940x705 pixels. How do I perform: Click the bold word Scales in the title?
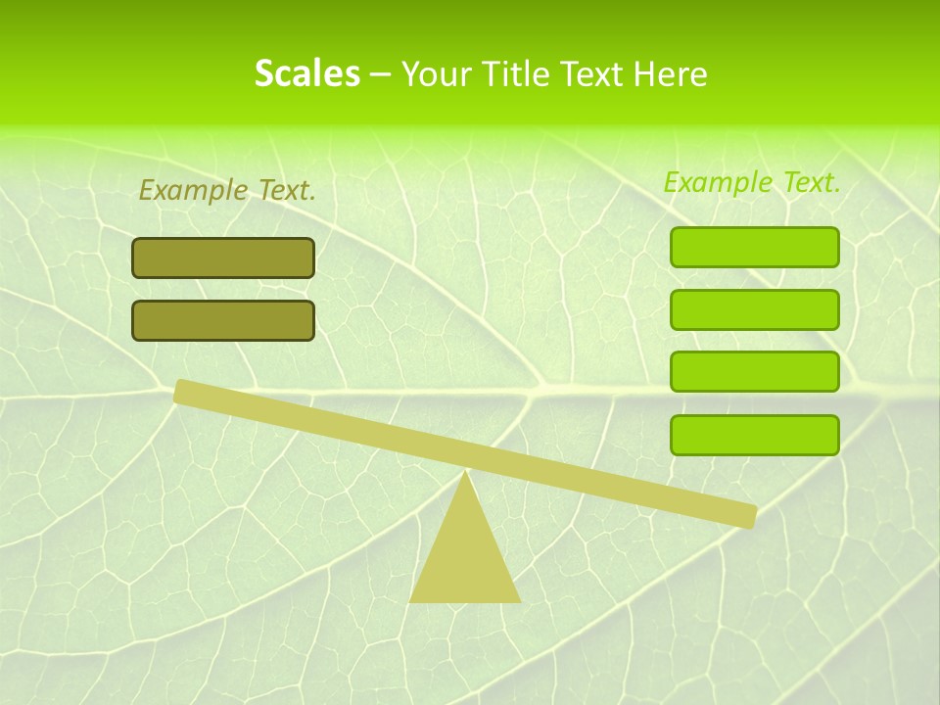[306, 73]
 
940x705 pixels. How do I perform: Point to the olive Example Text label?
[227, 190]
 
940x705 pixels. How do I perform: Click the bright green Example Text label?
[752, 182]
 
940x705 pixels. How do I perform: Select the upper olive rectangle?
[223, 258]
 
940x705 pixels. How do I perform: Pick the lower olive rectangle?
[223, 320]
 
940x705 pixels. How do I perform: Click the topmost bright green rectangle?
[754, 247]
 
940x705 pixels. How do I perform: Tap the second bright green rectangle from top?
[754, 309]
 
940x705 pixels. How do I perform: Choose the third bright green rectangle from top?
[754, 372]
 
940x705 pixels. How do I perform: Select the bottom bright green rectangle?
[754, 435]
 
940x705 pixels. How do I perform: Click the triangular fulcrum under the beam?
[465, 558]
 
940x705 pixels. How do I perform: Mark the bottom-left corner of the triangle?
[411, 600]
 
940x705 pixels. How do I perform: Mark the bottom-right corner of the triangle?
[519, 600]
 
